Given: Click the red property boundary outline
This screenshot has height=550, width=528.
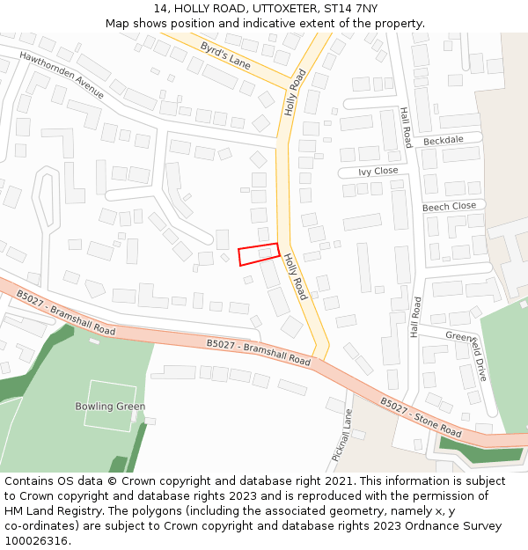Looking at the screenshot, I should click(259, 253).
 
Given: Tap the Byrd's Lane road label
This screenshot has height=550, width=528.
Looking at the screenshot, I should click(225, 55).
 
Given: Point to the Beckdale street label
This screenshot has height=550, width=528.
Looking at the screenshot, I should click(443, 141).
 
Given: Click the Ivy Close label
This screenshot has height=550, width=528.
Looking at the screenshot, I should click(379, 171).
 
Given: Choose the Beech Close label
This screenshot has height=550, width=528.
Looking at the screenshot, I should click(449, 206).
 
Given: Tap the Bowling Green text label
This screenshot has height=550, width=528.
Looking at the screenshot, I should click(110, 407).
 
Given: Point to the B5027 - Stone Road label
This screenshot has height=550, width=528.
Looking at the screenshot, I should click(421, 417).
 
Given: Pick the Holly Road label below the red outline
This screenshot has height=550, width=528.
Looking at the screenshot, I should click(296, 276).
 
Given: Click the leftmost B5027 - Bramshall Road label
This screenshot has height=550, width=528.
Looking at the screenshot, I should click(65, 318).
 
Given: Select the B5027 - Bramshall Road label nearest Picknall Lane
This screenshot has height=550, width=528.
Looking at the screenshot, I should click(259, 353).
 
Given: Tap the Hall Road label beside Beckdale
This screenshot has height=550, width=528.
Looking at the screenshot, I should click(406, 128).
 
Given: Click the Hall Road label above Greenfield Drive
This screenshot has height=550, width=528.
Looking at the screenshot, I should click(416, 317).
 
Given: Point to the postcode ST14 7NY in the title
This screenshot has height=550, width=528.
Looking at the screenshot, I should click(350, 8).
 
